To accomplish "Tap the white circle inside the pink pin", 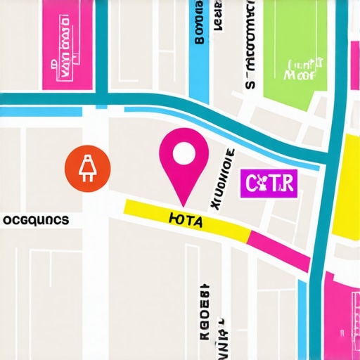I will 184,153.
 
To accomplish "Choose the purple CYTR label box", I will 269,184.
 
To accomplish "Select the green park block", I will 295,49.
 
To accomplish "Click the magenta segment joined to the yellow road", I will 279,250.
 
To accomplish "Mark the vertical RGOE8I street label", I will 204,302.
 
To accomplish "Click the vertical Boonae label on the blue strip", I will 199,25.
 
